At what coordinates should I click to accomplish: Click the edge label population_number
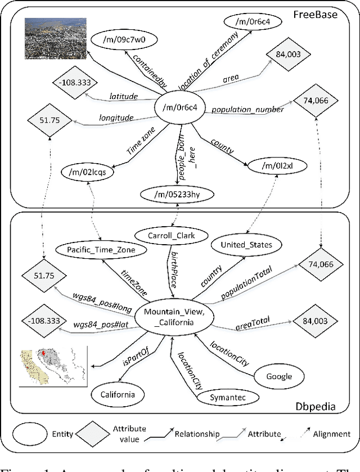pyautogui.click(x=248, y=110)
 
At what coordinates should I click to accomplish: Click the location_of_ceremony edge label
pyautogui.click(x=209, y=60)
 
